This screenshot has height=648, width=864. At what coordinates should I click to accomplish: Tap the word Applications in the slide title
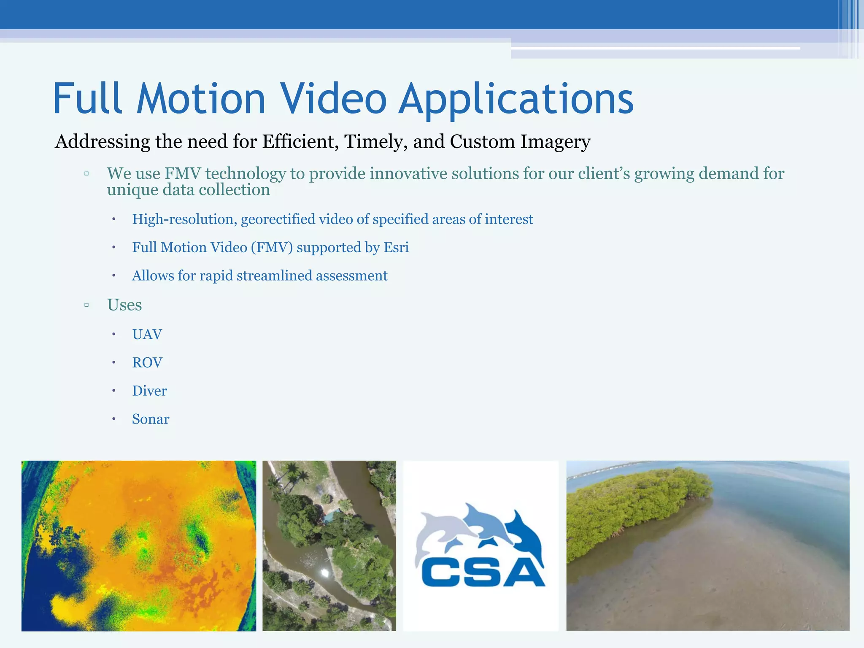point(516,99)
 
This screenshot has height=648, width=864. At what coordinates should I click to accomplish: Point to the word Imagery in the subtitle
point(555,142)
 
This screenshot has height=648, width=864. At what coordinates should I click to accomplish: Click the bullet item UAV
point(147,335)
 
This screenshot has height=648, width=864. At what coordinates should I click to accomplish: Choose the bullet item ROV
point(147,363)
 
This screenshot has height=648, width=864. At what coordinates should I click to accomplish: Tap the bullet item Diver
point(149,391)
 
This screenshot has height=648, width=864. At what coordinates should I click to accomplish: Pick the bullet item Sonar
point(151,419)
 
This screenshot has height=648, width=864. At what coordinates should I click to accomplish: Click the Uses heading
point(124,305)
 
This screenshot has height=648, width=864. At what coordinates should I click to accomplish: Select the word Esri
point(396,248)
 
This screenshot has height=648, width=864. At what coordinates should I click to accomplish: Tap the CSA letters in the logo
point(483,572)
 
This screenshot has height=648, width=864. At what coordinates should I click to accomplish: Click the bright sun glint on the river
point(325,572)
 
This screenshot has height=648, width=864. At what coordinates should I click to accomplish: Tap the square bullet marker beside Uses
point(86,305)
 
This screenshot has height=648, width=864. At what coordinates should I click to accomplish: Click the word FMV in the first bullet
point(182,174)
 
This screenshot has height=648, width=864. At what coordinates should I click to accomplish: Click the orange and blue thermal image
point(138,545)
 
